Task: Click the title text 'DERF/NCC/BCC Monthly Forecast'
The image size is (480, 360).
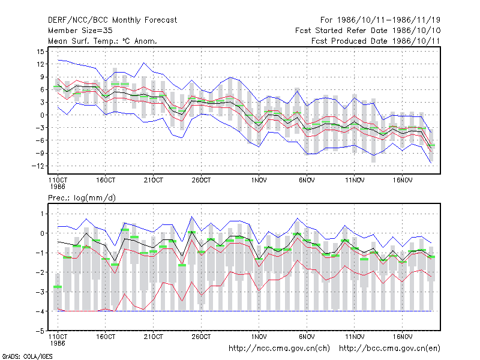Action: point(112,20)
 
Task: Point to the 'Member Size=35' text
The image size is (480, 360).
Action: point(80,31)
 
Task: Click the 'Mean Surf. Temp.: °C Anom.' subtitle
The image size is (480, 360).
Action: point(102,41)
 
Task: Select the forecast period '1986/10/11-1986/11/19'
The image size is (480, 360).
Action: point(388,20)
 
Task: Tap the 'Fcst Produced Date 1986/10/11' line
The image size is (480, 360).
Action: point(376,41)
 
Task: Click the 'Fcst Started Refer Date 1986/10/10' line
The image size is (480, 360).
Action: point(368,31)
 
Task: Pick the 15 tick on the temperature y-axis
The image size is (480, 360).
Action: point(41,52)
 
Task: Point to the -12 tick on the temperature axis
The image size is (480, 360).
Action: point(38,166)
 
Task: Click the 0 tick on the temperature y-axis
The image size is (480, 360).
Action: point(42,115)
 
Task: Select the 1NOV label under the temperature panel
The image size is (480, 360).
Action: point(259,181)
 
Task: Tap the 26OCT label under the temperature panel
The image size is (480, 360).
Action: point(201,181)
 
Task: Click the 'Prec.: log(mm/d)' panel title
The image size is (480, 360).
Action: point(82,198)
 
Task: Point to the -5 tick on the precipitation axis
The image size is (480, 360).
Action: point(40,331)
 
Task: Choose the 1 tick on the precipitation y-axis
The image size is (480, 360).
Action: point(42,214)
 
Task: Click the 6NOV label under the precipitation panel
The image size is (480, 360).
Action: point(307,337)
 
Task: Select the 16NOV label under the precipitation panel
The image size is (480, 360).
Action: point(403,337)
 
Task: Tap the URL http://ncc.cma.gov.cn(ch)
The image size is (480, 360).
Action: point(279,349)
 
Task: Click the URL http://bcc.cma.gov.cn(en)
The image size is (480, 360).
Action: point(389,349)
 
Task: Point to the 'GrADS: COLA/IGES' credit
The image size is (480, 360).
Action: point(27,356)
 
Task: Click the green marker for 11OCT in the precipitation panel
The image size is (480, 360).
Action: point(58,287)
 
